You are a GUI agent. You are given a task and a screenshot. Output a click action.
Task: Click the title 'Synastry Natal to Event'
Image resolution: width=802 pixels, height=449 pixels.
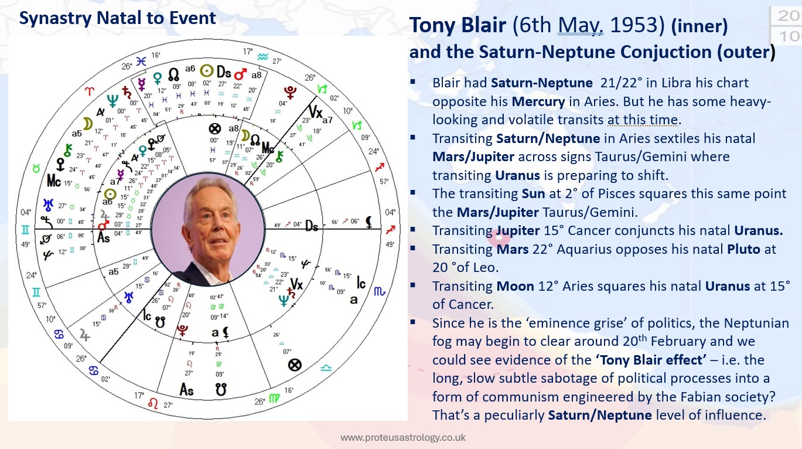coord(117,18)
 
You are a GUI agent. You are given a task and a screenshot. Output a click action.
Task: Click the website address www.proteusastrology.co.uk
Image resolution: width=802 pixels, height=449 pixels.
coord(403,437)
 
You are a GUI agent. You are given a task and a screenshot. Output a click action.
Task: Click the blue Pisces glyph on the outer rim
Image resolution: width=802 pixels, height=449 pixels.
coord(141,60)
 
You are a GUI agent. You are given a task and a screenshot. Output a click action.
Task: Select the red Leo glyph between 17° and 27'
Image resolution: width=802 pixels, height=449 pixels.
coord(154,403)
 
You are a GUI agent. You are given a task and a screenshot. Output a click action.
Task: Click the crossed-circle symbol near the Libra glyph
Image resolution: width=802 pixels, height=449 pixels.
coord(295,365)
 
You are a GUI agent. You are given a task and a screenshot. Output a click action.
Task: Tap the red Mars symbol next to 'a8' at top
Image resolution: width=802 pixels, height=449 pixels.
coord(240,74)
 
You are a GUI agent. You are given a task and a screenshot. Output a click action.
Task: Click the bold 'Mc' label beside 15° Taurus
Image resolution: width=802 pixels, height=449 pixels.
coord(54,182)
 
